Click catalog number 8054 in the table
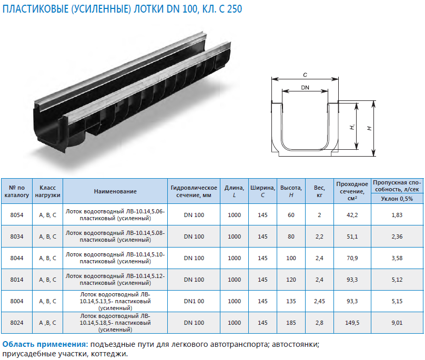click(17, 215)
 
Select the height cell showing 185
click(291, 323)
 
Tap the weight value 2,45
click(319, 301)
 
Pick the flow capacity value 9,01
click(397, 323)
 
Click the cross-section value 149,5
click(352, 323)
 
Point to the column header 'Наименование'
click(115, 191)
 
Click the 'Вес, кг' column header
click(319, 191)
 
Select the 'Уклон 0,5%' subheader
click(397, 199)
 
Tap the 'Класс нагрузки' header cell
click(47, 191)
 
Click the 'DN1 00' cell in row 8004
click(194, 301)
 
